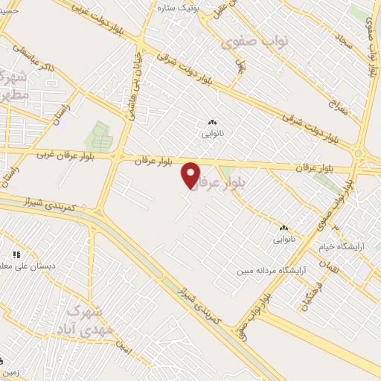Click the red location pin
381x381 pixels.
point(191,175)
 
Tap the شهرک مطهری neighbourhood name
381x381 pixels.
point(15,86)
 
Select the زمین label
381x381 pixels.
point(10,371)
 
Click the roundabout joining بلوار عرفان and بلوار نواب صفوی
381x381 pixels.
point(359,154)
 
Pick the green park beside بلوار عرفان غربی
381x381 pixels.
point(97,137)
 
